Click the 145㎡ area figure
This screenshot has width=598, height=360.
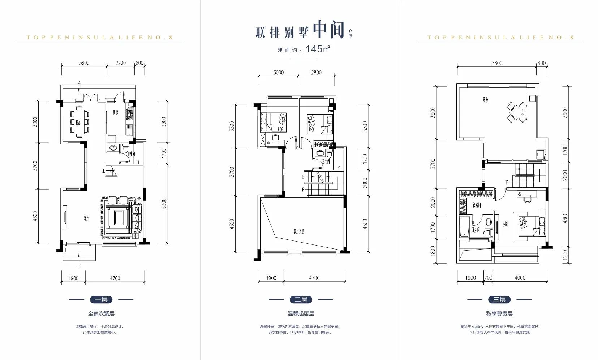318,49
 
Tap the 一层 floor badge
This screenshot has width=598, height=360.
101,299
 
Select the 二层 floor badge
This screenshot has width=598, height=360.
301,299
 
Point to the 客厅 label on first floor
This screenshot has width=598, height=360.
86,218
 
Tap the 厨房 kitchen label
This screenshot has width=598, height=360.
115,113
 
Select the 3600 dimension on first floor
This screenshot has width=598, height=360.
84,63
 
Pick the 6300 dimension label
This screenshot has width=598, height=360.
164,203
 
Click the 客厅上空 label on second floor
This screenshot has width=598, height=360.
298,231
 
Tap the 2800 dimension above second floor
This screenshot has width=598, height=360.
316,73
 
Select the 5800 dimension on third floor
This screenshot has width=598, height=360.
497,63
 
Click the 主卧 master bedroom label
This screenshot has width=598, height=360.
505,224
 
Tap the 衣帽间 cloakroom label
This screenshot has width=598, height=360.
477,205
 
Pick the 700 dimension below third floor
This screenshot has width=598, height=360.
488,278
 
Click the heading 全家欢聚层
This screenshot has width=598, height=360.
101,313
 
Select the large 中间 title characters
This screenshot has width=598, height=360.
328,30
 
